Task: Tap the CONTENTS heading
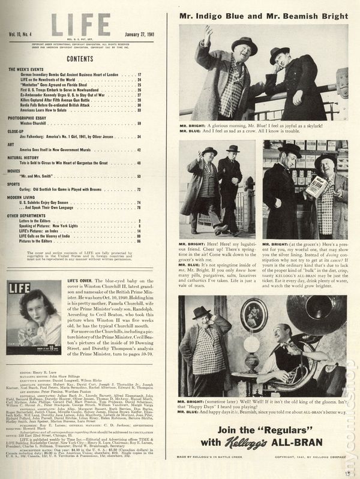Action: click(80, 60)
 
